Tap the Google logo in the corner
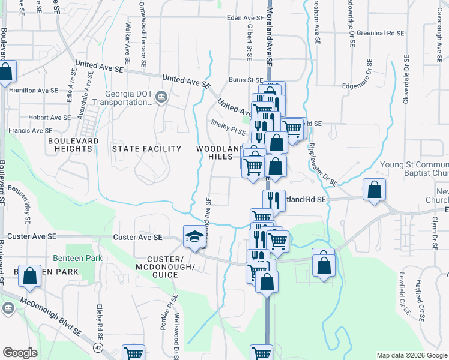click(20, 353)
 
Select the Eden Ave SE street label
click(246, 18)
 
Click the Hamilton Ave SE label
click(34, 90)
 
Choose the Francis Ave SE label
click(30, 130)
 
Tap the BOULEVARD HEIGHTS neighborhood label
click(73, 145)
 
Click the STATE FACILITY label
click(147, 149)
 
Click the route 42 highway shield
click(97, 347)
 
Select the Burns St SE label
click(246, 80)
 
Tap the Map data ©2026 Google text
click(412, 355)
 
